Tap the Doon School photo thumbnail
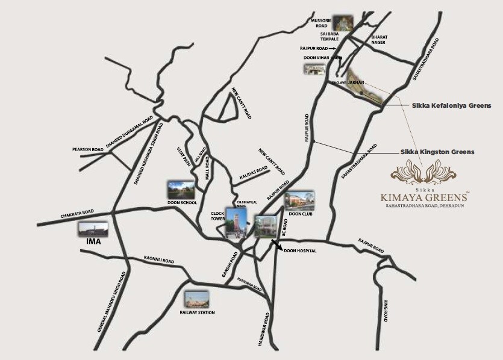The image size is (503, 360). (181, 189)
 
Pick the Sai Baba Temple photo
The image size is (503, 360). (343, 22)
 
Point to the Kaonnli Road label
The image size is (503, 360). (158, 259)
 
